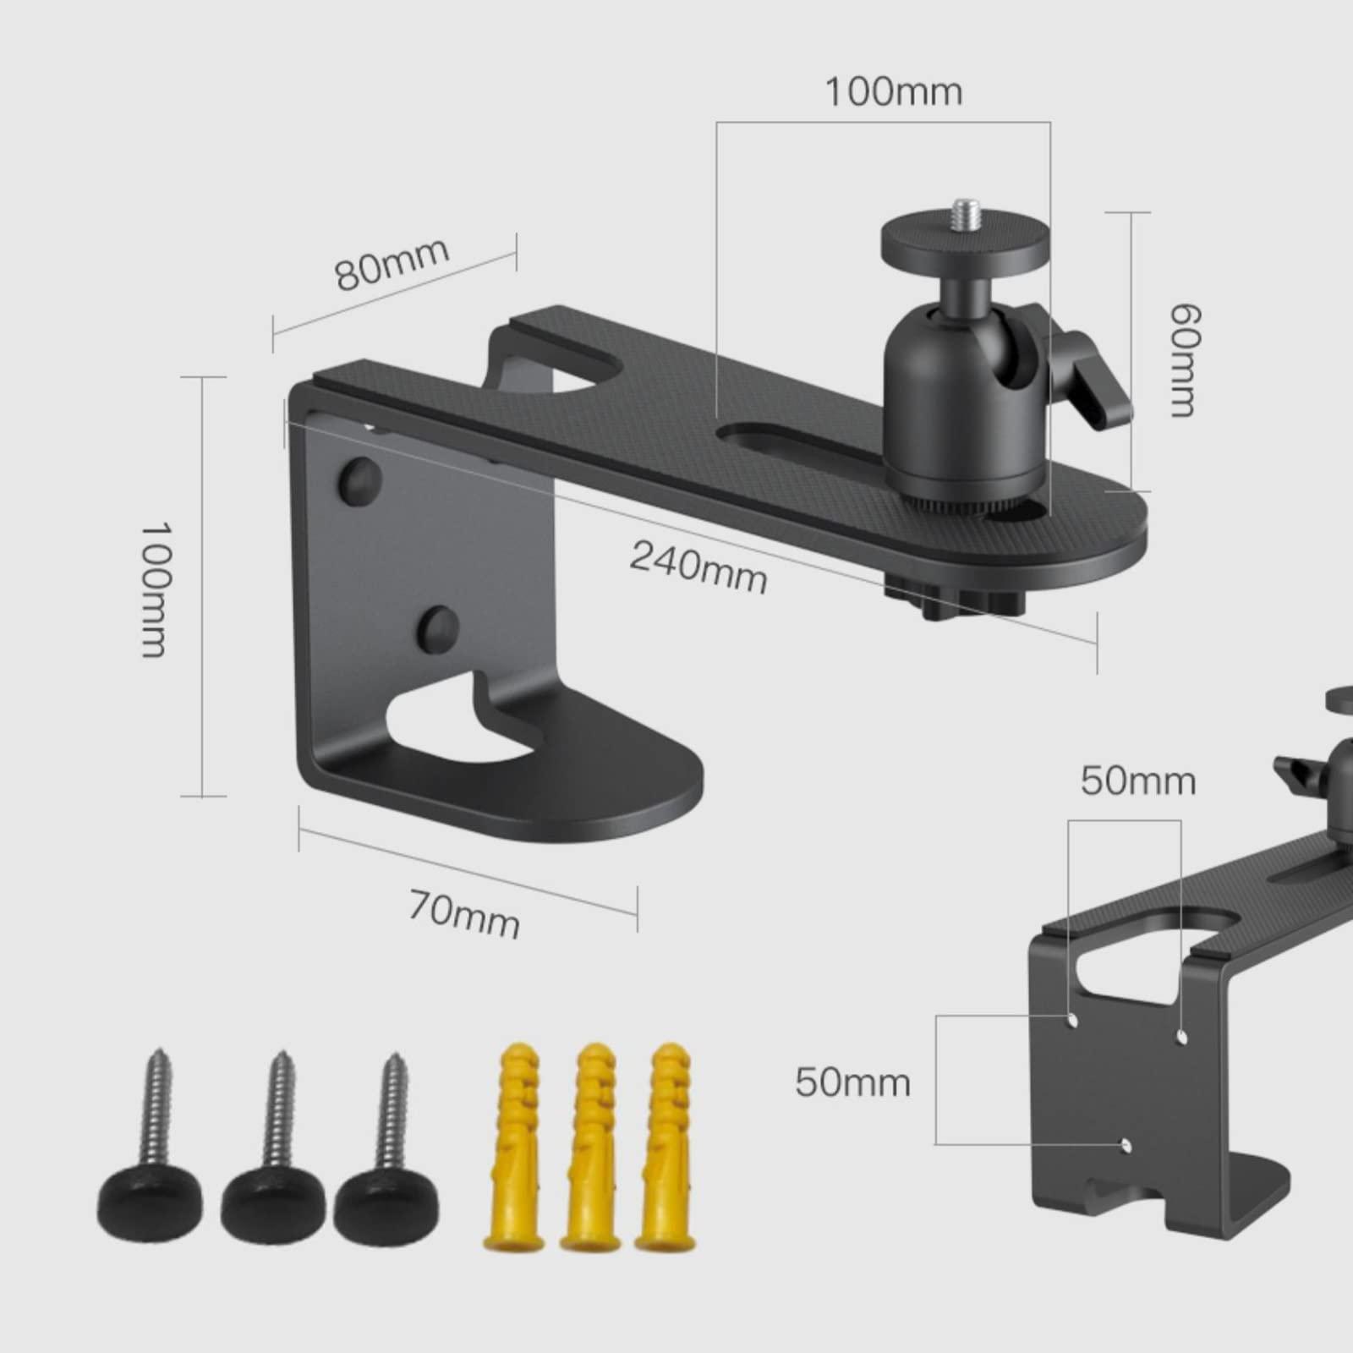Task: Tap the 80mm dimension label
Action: click(x=392, y=263)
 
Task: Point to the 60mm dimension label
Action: click(x=1185, y=361)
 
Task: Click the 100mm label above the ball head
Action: click(x=894, y=91)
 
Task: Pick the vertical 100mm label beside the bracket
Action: click(x=156, y=589)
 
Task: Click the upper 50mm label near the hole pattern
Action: click(x=1138, y=781)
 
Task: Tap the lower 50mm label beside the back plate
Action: click(x=852, y=1082)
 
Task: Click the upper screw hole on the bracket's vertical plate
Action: click(x=359, y=479)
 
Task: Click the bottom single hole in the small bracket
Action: click(x=1125, y=1145)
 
